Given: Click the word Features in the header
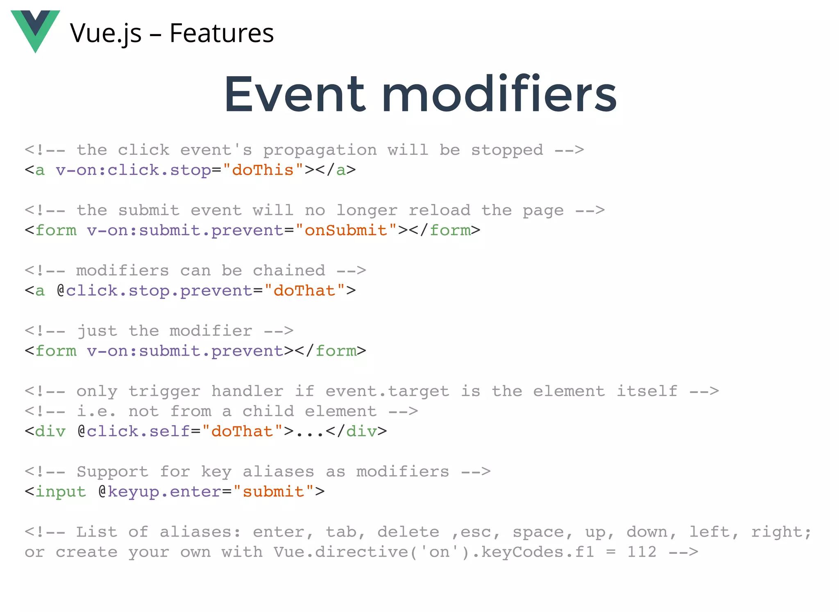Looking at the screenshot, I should [222, 33].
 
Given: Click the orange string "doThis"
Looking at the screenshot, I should [263, 170].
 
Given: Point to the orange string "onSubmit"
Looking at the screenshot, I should [346, 230].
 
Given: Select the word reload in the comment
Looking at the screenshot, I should [439, 211].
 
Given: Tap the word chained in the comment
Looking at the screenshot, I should [289, 271].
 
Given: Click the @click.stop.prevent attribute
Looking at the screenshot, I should [155, 290].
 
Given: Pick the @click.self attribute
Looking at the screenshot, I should [134, 431].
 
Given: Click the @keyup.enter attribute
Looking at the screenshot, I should [160, 492].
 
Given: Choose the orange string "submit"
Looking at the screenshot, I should [273, 492].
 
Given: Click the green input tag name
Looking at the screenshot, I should [61, 492].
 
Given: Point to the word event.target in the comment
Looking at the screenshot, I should [387, 392].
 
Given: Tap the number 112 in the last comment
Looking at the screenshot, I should [642, 552].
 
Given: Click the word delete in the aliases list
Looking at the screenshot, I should [408, 532].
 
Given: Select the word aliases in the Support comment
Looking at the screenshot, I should [278, 472].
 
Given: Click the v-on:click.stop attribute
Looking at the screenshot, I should [134, 170].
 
